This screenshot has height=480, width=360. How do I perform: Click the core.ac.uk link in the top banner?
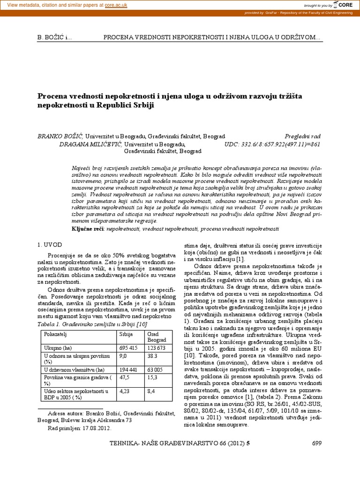point(119,4)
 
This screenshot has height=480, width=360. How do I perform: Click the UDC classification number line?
point(273,144)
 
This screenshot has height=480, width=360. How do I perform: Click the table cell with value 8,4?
point(151,390)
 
